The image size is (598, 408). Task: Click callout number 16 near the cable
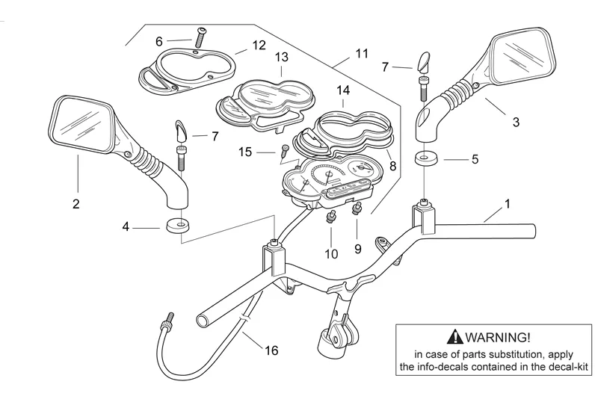click(x=271, y=350)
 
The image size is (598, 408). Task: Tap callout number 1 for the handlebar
click(x=508, y=204)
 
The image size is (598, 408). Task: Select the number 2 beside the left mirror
click(x=76, y=203)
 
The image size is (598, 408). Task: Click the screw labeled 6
click(x=200, y=34)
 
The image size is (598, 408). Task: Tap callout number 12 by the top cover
click(x=258, y=46)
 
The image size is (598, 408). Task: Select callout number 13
click(x=281, y=58)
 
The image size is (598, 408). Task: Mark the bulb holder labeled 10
click(x=329, y=217)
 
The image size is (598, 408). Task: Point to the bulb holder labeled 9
click(x=357, y=208)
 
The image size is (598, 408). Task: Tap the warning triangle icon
click(x=454, y=336)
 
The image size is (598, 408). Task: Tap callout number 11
click(x=362, y=54)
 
